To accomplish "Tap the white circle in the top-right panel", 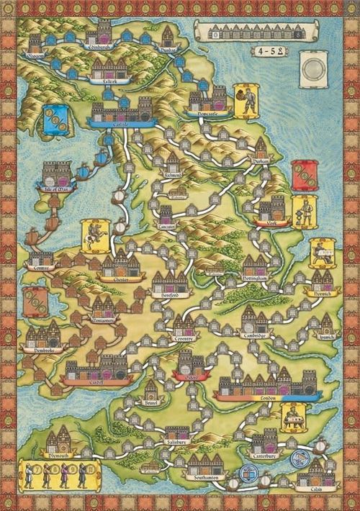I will (x=315, y=74).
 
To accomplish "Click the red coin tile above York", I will (x=303, y=176).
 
